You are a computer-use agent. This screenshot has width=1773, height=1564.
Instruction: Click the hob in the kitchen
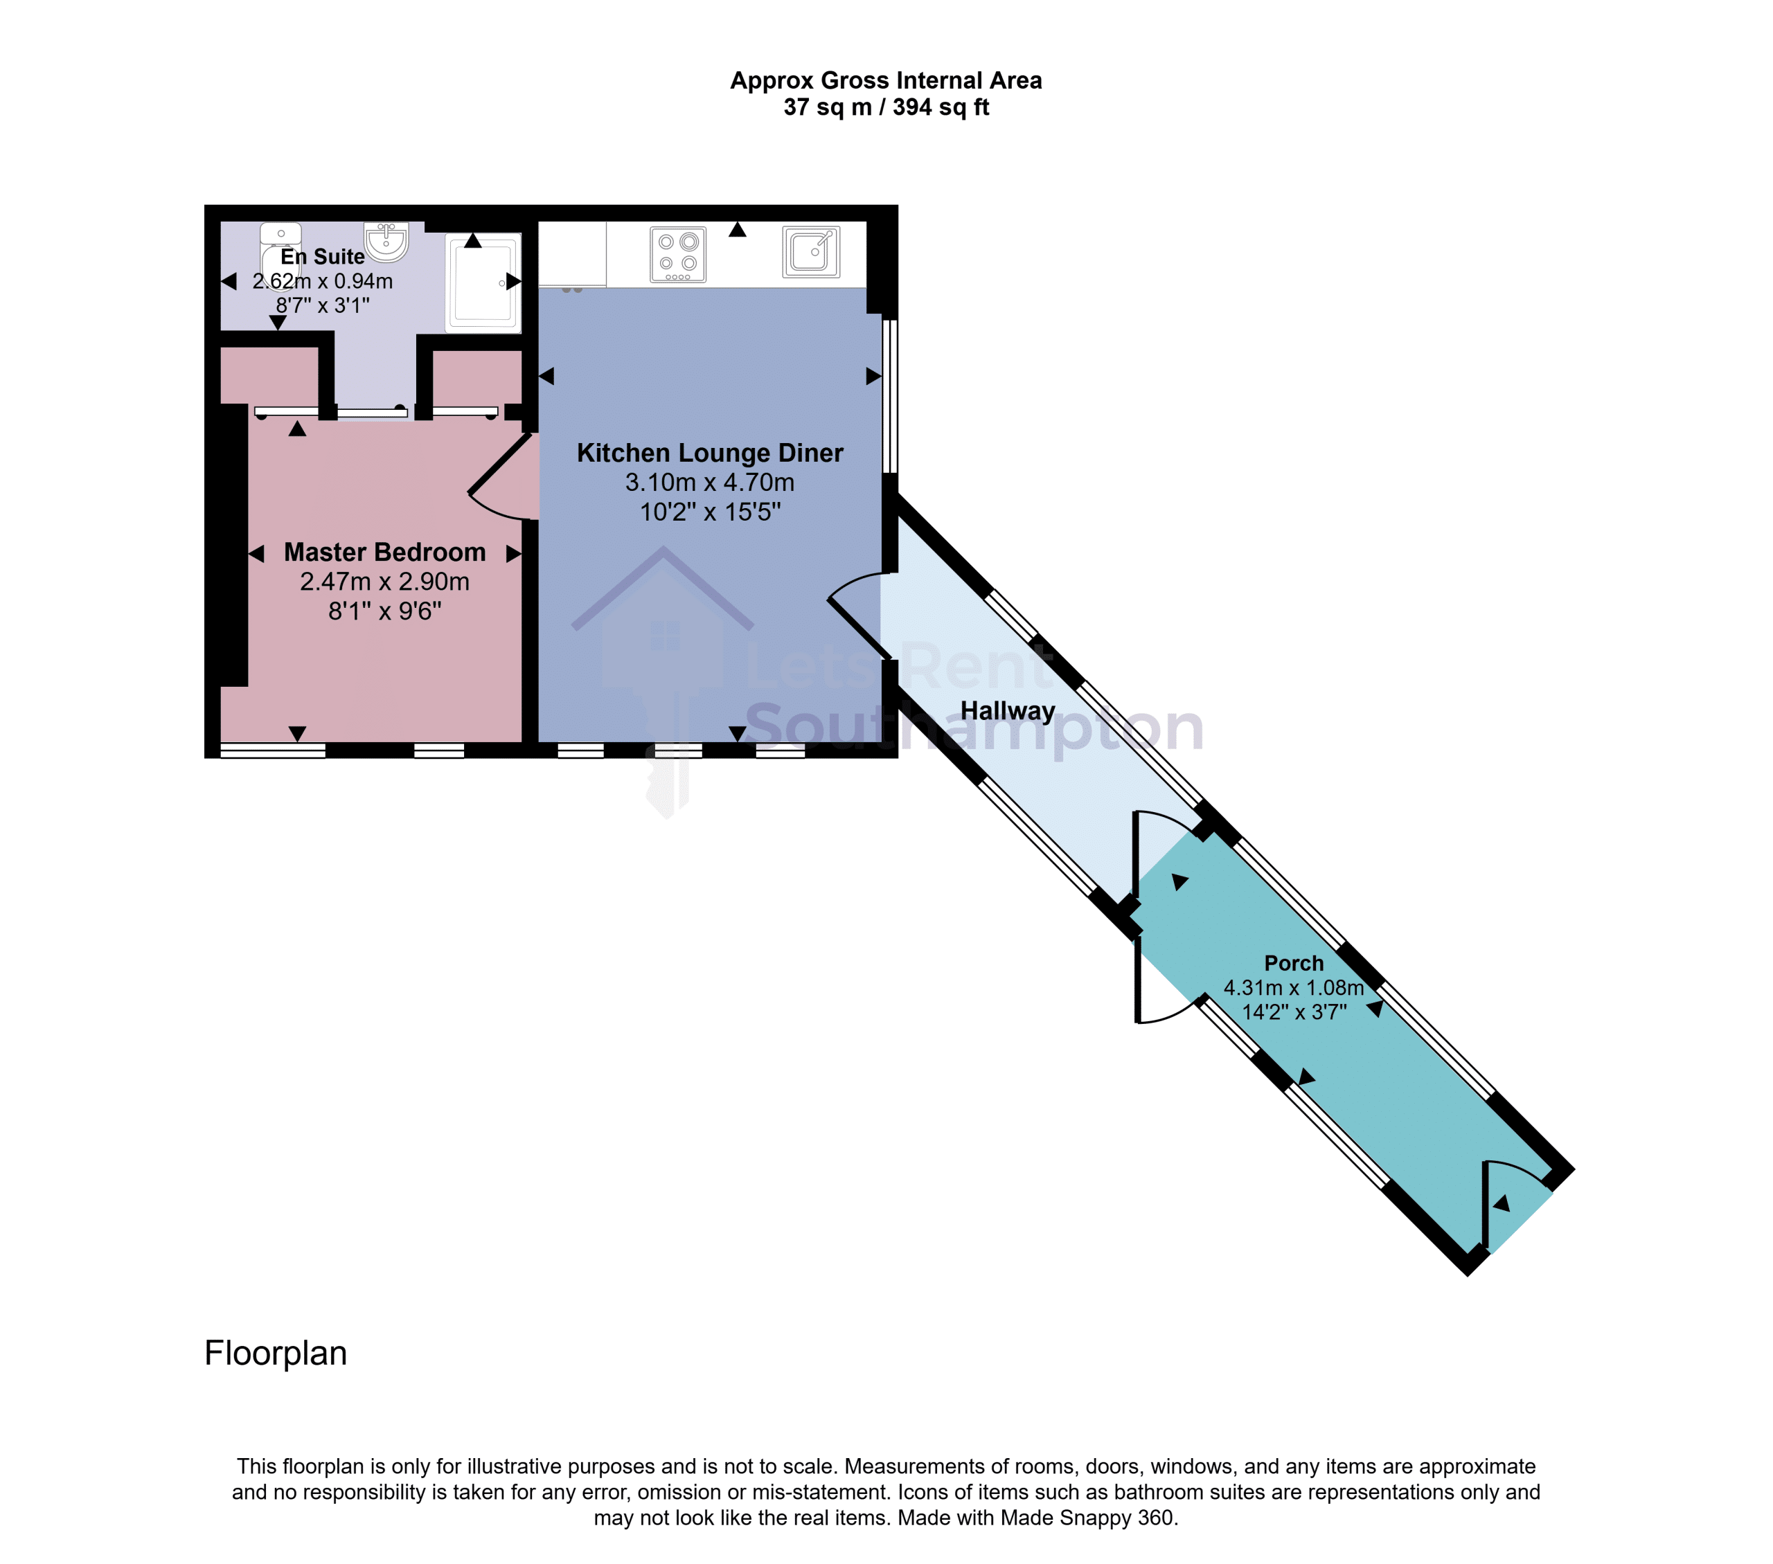click(677, 254)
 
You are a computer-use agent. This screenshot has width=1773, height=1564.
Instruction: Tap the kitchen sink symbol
click(811, 251)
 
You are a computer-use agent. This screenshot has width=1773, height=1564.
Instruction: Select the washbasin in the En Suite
click(386, 242)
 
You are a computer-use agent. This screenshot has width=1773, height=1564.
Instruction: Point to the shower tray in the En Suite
click(483, 282)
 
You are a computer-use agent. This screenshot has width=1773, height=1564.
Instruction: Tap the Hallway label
click(1008, 711)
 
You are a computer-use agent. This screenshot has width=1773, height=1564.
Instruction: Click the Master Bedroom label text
click(384, 552)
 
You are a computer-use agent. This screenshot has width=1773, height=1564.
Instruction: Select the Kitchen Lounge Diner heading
click(710, 453)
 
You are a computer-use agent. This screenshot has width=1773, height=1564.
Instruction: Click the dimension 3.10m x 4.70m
click(710, 482)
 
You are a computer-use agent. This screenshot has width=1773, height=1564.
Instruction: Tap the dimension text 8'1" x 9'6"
click(384, 611)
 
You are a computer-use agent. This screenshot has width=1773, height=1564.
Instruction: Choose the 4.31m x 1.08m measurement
click(1293, 987)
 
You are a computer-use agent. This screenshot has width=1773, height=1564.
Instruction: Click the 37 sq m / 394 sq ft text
click(886, 107)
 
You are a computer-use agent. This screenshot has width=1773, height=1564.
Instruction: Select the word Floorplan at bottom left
click(276, 1354)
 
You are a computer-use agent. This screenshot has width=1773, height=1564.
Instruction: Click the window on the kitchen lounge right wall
click(889, 396)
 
